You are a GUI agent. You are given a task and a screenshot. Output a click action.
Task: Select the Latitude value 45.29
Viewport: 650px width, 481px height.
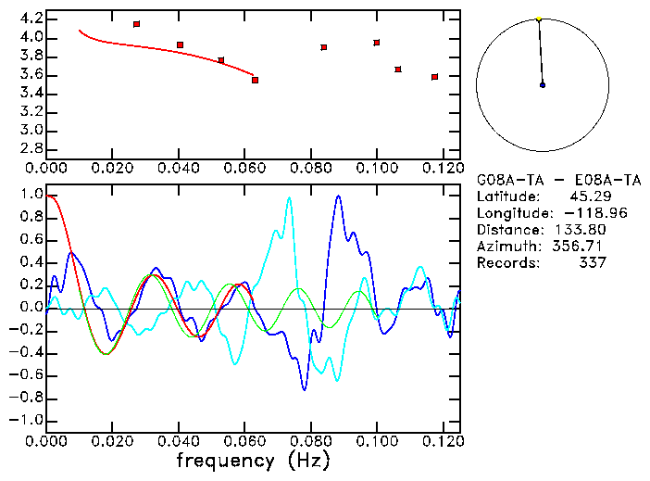tap(587, 196)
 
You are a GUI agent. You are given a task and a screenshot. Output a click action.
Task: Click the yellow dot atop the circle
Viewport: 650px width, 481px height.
tap(538, 19)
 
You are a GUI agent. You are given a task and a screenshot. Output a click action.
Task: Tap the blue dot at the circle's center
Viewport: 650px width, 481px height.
tap(543, 85)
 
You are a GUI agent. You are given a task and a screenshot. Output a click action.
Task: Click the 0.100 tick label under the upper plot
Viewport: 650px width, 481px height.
tap(376, 169)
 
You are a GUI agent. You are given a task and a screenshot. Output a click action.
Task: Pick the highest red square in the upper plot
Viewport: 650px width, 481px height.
tap(136, 24)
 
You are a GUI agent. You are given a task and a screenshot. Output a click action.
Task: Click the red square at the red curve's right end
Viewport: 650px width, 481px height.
tap(255, 80)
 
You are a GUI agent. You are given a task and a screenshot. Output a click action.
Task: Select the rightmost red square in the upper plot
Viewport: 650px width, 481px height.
tap(434, 77)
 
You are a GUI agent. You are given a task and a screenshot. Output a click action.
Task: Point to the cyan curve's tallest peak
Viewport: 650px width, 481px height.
tap(290, 197)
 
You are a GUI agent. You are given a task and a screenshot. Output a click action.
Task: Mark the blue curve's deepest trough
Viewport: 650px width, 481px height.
tap(304, 389)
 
